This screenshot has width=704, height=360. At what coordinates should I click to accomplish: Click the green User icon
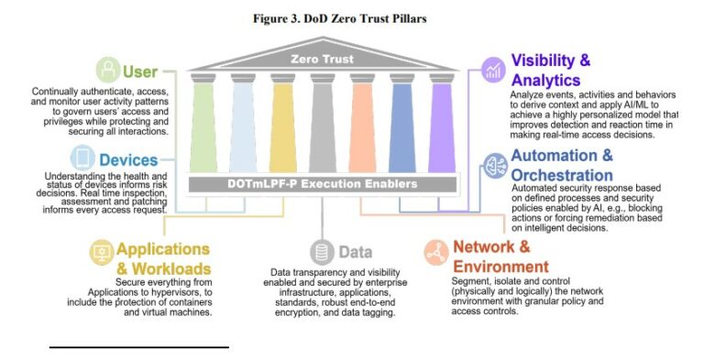109,71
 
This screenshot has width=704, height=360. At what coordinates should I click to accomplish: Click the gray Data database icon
321,251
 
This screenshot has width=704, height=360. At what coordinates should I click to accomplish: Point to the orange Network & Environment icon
436,249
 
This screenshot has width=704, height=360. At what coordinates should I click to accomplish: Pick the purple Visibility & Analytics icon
494,70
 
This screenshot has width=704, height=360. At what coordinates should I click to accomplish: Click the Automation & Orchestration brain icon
493,165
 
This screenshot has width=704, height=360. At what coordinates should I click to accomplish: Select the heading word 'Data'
354,251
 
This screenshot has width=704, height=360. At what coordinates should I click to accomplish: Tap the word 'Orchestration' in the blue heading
562,175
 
